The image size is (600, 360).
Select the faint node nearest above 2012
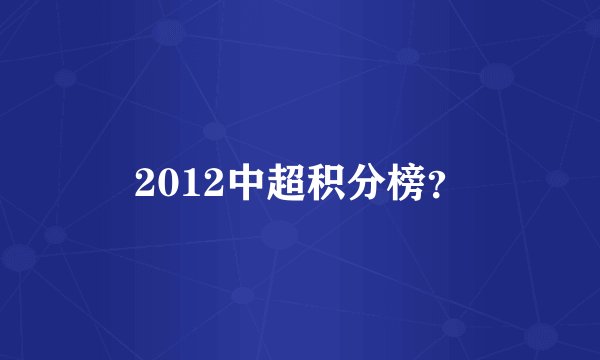pyautogui.click(x=214, y=130)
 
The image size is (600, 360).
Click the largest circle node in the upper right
pyautogui.click(x=497, y=76)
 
